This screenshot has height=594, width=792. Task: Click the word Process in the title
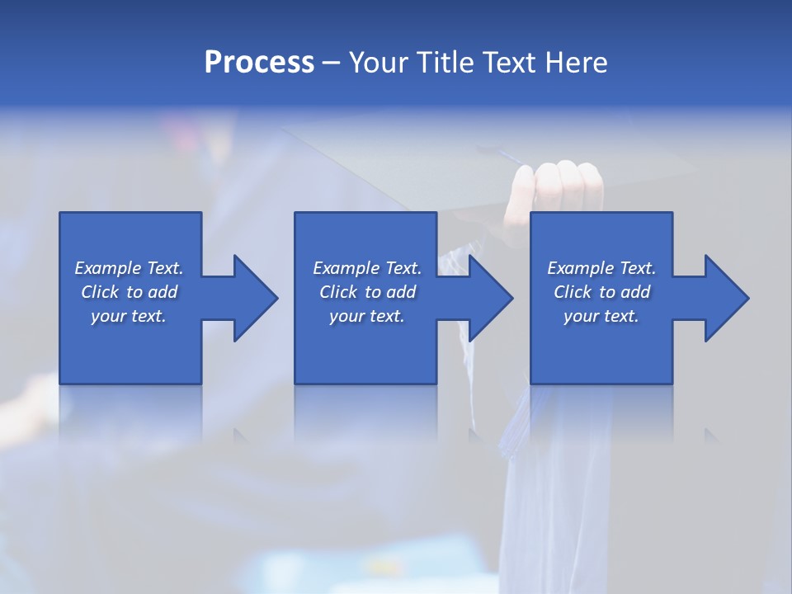[x=259, y=63]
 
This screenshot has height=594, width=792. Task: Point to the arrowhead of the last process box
[x=725, y=298]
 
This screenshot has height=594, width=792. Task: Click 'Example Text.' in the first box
[x=129, y=268]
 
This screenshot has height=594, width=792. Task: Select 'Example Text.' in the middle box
[x=367, y=268]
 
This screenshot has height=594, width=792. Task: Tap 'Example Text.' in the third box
[x=601, y=268]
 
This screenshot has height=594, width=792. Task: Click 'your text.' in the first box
[x=129, y=316]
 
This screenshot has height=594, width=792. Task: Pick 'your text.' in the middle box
[x=367, y=316]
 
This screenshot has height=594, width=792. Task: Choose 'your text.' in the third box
[x=601, y=316]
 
